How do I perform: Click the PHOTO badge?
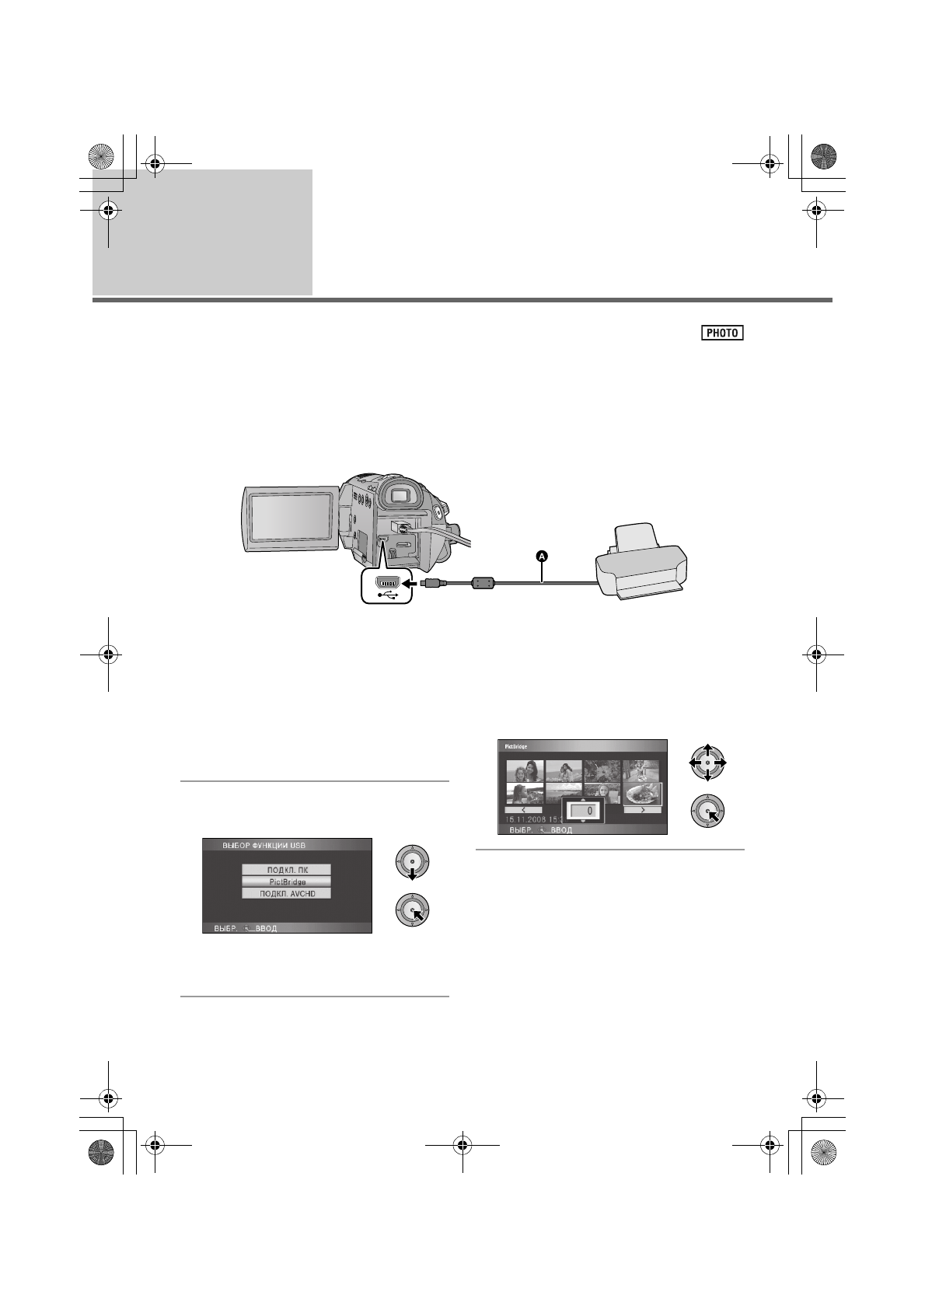click(722, 333)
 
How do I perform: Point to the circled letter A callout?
click(543, 556)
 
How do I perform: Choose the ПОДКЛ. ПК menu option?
click(286, 870)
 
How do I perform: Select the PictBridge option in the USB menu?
click(286, 882)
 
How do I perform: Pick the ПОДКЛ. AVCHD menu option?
click(286, 894)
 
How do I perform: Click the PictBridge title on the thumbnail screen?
click(519, 746)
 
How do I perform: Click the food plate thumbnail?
click(642, 794)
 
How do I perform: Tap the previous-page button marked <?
click(523, 810)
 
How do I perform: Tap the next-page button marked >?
click(642, 810)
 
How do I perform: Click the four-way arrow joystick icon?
click(707, 764)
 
